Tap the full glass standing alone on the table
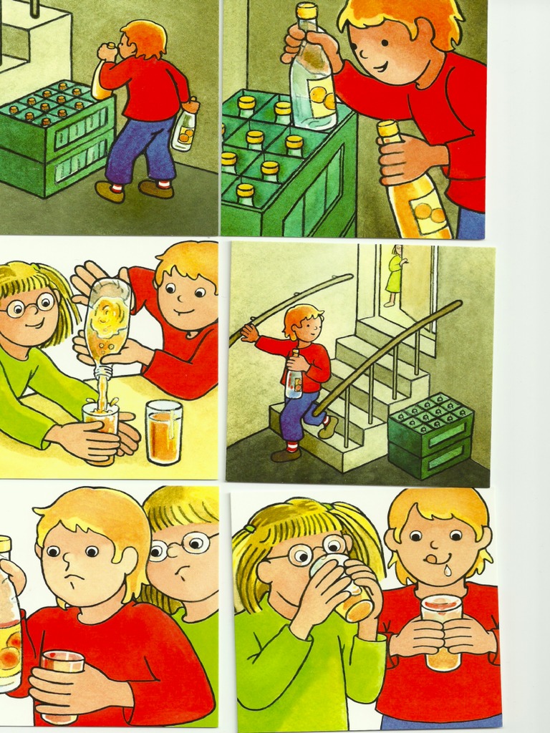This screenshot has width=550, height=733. point(163,432)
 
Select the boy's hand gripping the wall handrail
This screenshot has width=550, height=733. point(249,331)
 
